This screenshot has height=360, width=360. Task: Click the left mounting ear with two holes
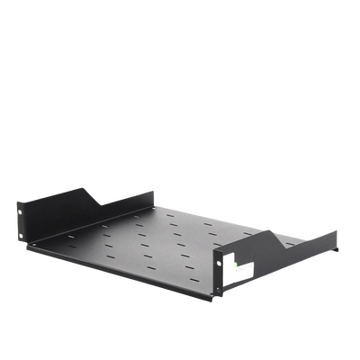26,223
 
